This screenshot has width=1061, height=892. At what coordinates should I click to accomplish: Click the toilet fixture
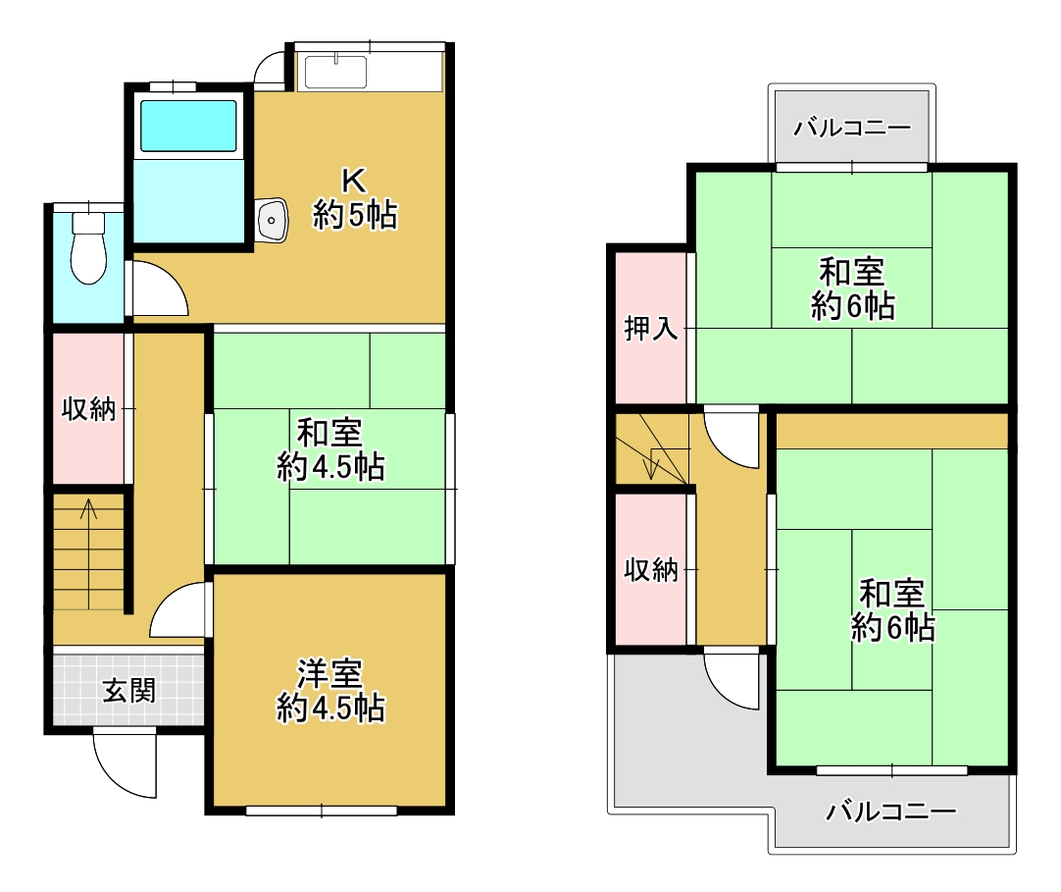pos(88,247)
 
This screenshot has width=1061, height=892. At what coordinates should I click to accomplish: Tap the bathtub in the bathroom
pos(188,126)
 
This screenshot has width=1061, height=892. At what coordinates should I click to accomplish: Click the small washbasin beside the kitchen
pos(272,220)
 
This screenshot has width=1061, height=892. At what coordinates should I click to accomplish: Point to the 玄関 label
pos(128,691)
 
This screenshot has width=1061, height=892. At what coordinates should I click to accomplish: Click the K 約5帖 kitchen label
pos(355,199)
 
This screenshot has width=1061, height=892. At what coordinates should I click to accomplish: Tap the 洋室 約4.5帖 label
pos(330,691)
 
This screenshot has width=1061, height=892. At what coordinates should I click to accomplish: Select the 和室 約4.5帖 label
pos(330,449)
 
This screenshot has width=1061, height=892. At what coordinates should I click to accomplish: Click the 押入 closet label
pos(650,329)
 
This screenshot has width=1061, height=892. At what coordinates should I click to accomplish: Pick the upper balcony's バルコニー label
pos(852,128)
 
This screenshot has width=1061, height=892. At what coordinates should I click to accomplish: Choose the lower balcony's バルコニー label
pos(890,811)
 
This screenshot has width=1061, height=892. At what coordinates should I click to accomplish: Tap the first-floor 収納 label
pos(88,409)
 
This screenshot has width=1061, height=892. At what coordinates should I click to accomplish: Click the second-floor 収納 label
pos(650,569)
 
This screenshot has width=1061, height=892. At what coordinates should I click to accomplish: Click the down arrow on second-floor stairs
pos(651,463)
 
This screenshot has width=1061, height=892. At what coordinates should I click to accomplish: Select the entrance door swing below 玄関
pos(126,764)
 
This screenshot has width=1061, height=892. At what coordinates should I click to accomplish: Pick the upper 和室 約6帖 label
pos(852,289)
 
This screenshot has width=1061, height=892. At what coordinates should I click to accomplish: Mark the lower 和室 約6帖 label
pos(892,611)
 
